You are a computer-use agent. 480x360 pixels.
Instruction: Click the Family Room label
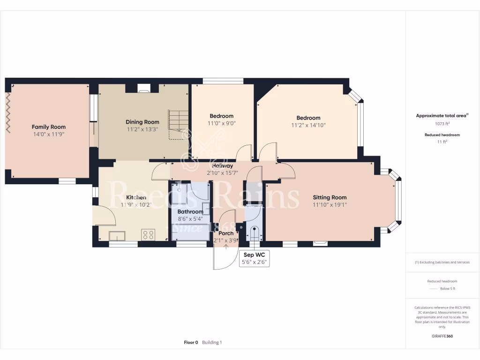(48, 127)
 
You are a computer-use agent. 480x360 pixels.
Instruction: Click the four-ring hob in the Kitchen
(149, 233)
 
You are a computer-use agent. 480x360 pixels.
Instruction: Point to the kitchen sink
(117, 235)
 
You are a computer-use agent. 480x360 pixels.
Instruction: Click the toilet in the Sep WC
(254, 232)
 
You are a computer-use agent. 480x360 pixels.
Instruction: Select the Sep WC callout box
(254, 258)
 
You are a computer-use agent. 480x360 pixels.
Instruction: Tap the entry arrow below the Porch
(226, 247)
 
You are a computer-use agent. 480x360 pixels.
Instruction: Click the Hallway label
(222, 166)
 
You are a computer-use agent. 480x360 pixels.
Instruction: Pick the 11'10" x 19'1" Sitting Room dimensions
(330, 205)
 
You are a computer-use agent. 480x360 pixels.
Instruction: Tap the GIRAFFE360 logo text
(442, 336)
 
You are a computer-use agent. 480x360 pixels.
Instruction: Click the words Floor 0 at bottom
(191, 342)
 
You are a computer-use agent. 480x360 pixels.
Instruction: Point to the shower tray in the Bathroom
(179, 193)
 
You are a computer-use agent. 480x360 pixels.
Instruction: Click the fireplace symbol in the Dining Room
(144, 87)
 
